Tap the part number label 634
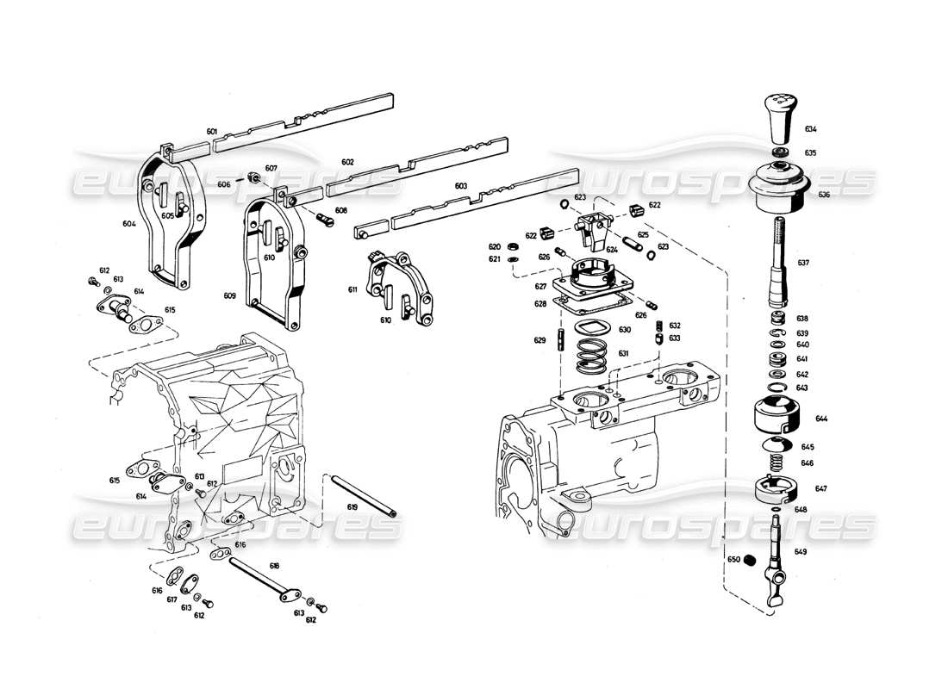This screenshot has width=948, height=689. tap(811, 129)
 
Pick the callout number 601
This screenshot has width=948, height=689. tap(212, 132)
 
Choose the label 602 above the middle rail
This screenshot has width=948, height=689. tap(348, 162)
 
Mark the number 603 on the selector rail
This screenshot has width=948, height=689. tap(460, 185)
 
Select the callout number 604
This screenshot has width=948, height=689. tap(129, 223)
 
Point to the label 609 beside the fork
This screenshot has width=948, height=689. tap(229, 295)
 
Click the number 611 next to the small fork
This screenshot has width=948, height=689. tap(353, 290)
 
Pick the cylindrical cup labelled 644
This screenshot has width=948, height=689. tap(778, 417)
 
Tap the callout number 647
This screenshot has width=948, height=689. tap(821, 488)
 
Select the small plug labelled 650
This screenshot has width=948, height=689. tap(749, 561)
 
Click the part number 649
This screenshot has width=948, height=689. tap(801, 551)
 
